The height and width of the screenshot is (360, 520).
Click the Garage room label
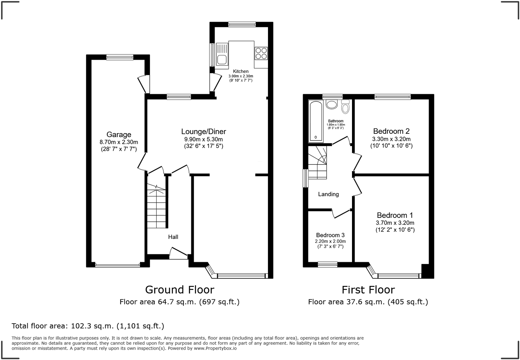(x=119, y=134)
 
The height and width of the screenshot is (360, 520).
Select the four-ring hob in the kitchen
(x=261, y=53)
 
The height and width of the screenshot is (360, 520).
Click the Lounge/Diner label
(x=203, y=131)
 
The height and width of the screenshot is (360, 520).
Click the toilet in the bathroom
(x=345, y=107)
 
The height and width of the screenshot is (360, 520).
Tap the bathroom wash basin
(x=332, y=104)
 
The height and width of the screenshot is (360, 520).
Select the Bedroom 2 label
(x=391, y=131)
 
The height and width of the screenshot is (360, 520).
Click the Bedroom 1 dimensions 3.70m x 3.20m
(x=395, y=223)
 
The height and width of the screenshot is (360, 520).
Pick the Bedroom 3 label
(x=330, y=235)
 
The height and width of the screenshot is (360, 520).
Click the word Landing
(x=328, y=194)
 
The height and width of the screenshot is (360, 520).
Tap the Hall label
(x=173, y=237)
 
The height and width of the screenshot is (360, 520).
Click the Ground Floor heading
(x=180, y=290)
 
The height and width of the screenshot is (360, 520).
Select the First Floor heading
(x=368, y=290)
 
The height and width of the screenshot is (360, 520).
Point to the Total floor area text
(x=88, y=326)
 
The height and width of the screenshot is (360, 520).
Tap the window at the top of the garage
(x=120, y=57)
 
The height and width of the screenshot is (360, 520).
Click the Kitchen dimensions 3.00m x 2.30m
(x=241, y=76)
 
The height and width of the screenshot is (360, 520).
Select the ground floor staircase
(x=157, y=207)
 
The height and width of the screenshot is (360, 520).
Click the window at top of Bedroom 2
(x=392, y=97)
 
